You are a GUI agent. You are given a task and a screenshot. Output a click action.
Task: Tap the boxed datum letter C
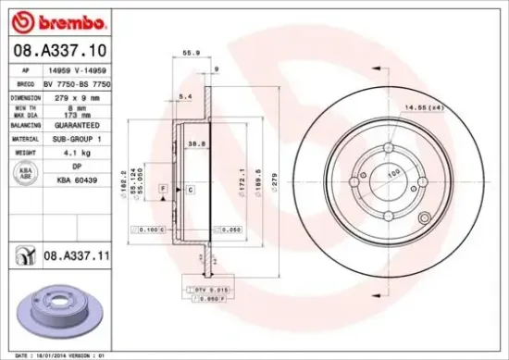pos(190,189)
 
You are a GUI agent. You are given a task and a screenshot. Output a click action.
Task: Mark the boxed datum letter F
pos(163,189)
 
